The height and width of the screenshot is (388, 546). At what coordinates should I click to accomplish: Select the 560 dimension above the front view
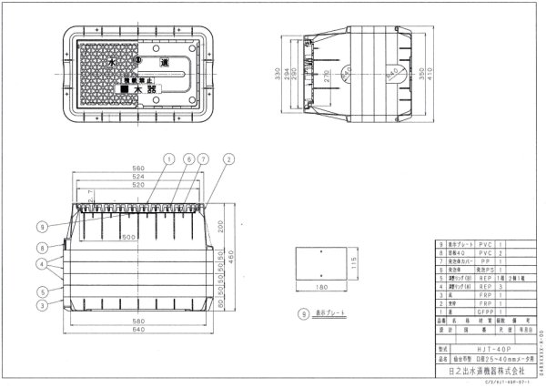click(139, 168)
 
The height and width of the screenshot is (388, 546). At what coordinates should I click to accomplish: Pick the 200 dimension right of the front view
click(222, 226)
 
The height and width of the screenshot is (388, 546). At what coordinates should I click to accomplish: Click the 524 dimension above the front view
click(139, 177)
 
